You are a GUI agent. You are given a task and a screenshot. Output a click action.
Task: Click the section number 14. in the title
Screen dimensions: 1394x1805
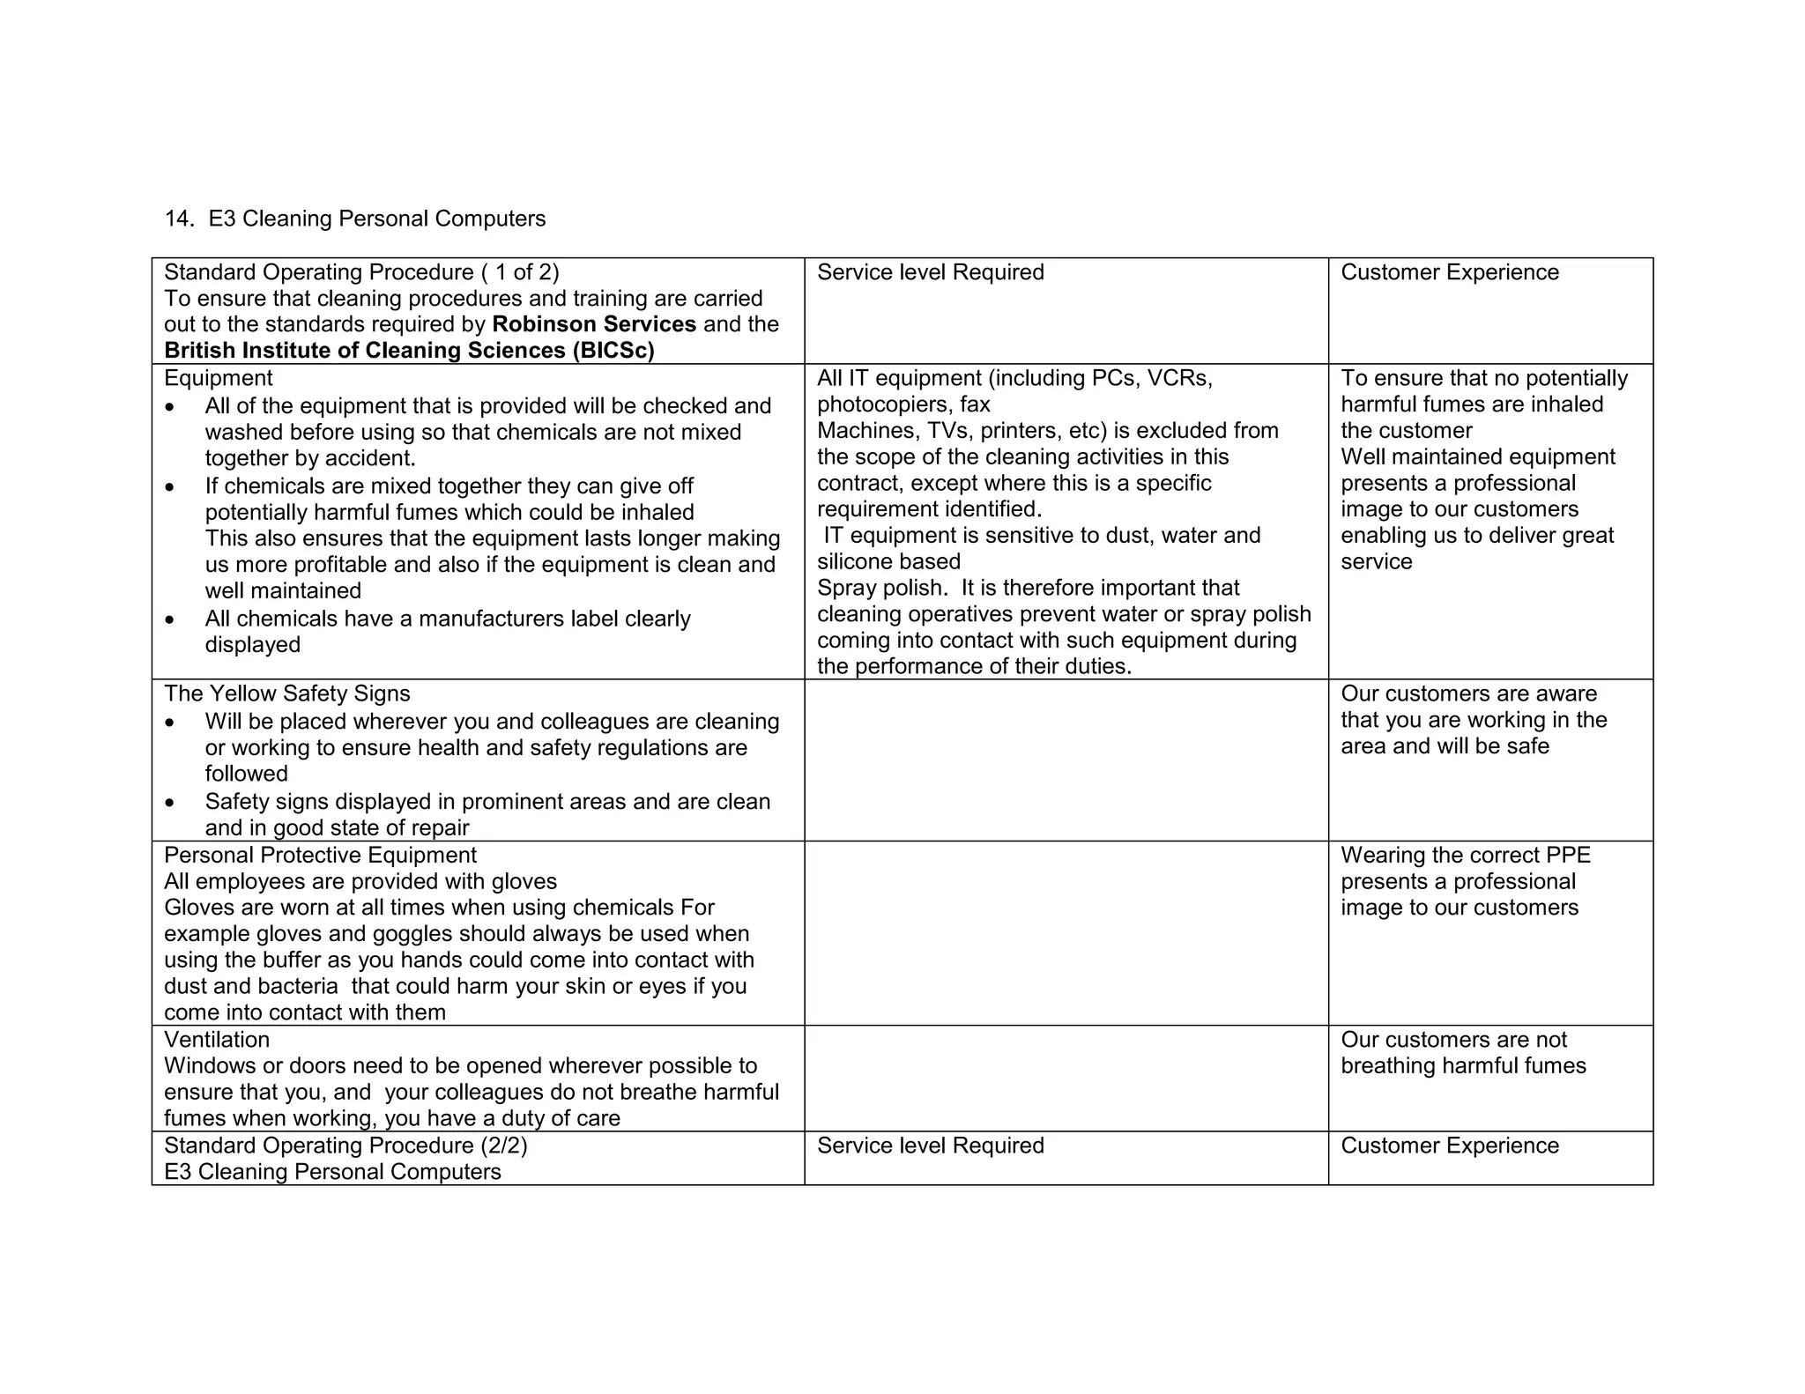(x=179, y=219)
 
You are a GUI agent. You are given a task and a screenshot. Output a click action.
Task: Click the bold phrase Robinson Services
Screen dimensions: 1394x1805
(x=593, y=324)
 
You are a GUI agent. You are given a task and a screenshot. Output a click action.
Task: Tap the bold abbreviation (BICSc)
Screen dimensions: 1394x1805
(x=613, y=351)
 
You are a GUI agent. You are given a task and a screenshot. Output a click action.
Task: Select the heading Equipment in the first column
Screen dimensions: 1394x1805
(x=218, y=378)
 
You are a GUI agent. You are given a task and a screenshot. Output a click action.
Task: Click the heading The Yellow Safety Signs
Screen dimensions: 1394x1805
(x=286, y=693)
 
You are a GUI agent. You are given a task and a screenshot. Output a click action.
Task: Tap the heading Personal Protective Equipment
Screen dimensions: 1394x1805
(x=320, y=856)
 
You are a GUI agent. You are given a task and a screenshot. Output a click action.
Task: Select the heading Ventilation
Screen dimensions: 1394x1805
(x=216, y=1040)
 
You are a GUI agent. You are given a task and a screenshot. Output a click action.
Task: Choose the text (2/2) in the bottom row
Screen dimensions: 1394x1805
(x=504, y=1146)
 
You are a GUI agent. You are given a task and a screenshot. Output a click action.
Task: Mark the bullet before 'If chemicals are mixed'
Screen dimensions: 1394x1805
(x=170, y=487)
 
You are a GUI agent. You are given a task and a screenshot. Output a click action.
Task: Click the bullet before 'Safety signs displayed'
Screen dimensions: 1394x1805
(x=170, y=803)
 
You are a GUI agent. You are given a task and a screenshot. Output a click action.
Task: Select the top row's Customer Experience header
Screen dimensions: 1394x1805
(x=1449, y=272)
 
